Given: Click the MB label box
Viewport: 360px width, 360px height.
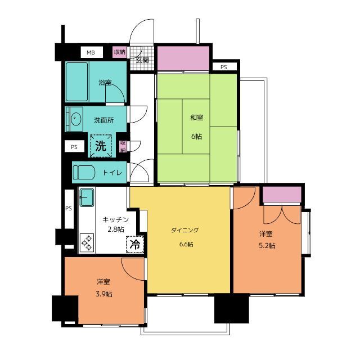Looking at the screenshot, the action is tap(92, 52).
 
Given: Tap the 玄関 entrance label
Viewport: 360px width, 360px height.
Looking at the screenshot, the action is tap(142, 60).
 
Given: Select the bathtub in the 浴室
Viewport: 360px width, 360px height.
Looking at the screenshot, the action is tap(77, 82).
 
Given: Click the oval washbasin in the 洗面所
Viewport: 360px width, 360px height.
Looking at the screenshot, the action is tap(75, 119).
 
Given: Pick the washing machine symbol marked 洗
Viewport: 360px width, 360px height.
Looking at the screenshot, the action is tap(101, 146).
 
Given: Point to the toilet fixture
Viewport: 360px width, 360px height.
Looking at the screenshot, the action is tap(84, 172).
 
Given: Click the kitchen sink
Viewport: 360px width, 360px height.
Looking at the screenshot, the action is tap(87, 197).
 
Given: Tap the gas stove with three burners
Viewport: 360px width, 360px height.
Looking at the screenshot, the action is tap(87, 242).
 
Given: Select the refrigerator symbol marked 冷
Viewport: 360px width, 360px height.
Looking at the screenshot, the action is tap(135, 244).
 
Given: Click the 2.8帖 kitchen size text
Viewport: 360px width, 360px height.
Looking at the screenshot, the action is tap(116, 229).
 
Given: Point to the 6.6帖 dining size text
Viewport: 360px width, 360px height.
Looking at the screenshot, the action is tap(186, 244).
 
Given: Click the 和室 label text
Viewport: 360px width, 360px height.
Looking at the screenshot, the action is tap(196, 118).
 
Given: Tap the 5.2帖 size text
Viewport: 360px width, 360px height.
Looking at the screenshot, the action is tap(267, 246).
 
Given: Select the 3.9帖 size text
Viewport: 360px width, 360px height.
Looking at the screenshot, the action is tap(104, 294).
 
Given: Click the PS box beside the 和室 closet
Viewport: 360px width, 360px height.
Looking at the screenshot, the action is tap(224, 67).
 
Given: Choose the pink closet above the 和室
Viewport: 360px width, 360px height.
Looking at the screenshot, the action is tap(183, 58).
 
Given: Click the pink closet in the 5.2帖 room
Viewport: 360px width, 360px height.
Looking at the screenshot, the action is tap(282, 195).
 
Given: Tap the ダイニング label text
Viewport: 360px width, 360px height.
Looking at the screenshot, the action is tap(185, 230).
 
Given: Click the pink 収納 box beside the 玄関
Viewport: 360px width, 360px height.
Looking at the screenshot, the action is tap(120, 52).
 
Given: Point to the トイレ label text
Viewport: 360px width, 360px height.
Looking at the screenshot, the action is tap(112, 173).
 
